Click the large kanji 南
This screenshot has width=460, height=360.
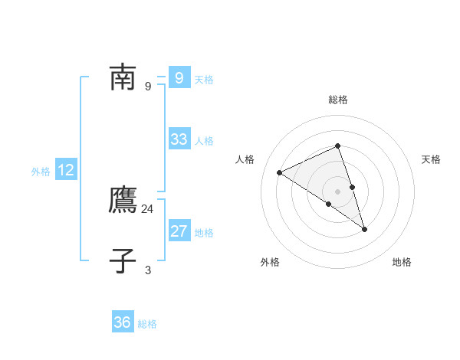click(123, 77)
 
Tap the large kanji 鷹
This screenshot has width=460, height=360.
click(123, 199)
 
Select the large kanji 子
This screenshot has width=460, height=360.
click(123, 260)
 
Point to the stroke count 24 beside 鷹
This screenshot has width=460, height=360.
click(147, 209)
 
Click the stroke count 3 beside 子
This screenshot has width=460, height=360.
click(148, 270)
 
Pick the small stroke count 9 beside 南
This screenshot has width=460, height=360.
click(148, 87)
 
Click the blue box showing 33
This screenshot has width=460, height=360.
click(179, 139)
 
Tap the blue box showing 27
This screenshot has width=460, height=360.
click(179, 230)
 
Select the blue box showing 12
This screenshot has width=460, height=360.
click(66, 169)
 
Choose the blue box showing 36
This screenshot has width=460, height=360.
click(123, 321)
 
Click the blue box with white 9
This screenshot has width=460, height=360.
click(179, 77)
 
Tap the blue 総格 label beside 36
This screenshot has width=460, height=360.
click(147, 324)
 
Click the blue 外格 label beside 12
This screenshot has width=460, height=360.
click(41, 172)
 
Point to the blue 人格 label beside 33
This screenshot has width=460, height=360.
click(204, 141)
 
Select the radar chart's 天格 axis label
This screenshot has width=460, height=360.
click(431, 159)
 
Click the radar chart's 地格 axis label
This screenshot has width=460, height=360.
click(402, 262)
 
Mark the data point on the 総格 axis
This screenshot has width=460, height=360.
click(337, 146)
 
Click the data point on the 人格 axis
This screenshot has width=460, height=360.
click(279, 172)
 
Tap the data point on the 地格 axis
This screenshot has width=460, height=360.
click(364, 230)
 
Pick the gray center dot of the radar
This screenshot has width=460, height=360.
click(337, 191)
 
